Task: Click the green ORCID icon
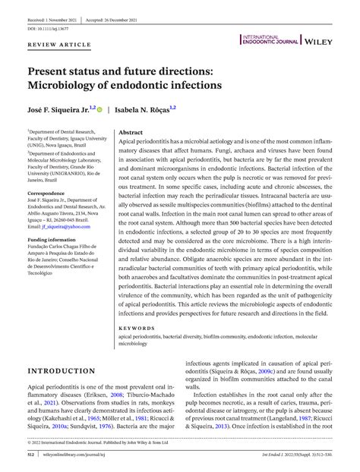[x=100, y=110]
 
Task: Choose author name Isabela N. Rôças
[x=142, y=110]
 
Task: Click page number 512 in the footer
[x=32, y=455]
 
